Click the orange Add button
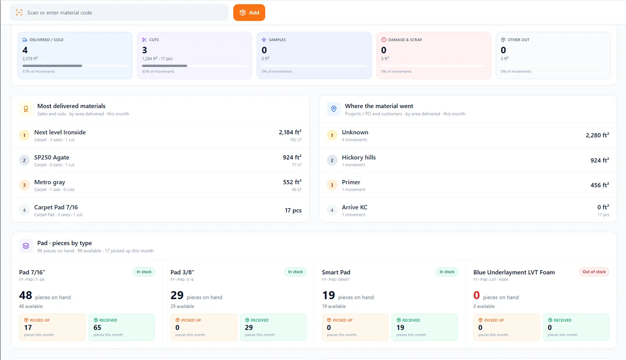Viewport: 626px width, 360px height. coord(249,13)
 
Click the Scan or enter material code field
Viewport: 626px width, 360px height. coord(119,13)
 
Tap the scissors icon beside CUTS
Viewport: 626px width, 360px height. coord(144,40)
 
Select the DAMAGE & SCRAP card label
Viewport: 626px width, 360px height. coord(405,40)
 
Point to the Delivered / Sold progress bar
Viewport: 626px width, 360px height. coord(75,66)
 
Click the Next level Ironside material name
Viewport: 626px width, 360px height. coord(60,132)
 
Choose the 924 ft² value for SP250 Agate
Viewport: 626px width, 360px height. coord(292,157)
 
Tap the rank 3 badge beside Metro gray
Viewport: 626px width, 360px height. coord(24,185)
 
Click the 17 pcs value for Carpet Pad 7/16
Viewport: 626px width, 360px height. coord(293,210)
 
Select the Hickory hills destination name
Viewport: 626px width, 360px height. coord(358,157)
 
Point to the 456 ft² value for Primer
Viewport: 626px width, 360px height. coord(600,185)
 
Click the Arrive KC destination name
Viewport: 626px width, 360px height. coord(354,207)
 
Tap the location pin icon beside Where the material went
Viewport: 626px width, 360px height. coord(334,109)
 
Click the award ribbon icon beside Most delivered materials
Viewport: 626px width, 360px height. coord(26,109)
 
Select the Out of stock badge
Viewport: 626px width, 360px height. coord(594,272)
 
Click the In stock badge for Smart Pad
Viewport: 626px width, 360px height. coord(447,272)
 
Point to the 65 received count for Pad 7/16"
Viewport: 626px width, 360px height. coord(97,327)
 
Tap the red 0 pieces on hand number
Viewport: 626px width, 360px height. coord(477,295)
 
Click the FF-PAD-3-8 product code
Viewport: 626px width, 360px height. coord(182,279)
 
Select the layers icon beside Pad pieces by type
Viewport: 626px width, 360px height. coord(26,246)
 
